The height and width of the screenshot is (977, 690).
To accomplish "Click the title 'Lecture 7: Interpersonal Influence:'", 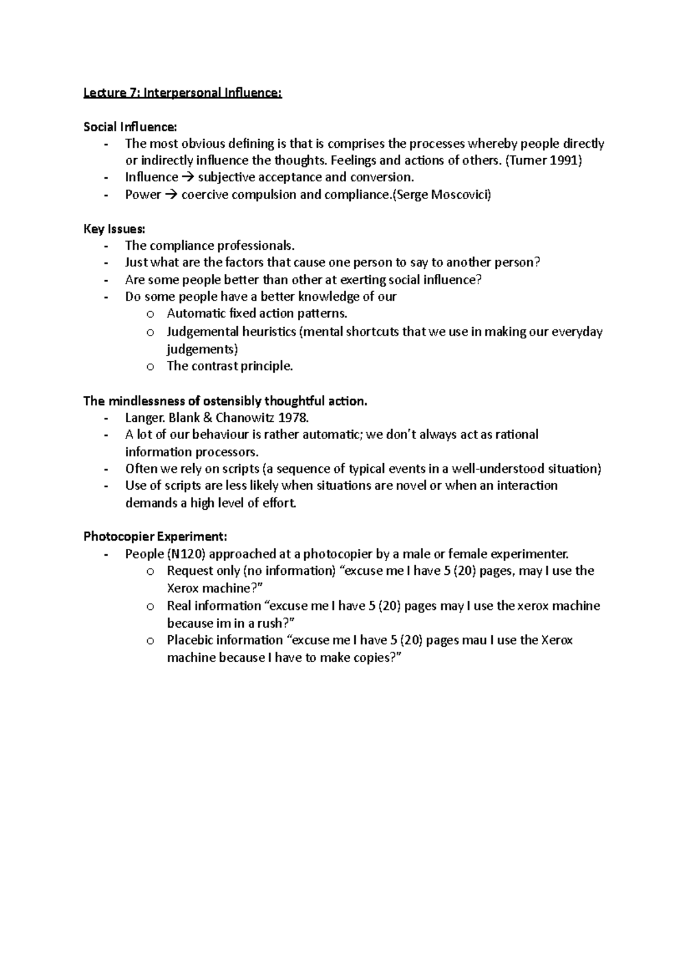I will (x=183, y=93).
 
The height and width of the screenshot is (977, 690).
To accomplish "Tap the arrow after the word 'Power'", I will (x=171, y=195).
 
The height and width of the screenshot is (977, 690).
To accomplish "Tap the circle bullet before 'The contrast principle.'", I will (x=150, y=367).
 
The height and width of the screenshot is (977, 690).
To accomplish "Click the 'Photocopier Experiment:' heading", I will (x=155, y=537).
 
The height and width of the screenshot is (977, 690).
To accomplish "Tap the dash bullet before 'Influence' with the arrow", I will (x=106, y=178).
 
